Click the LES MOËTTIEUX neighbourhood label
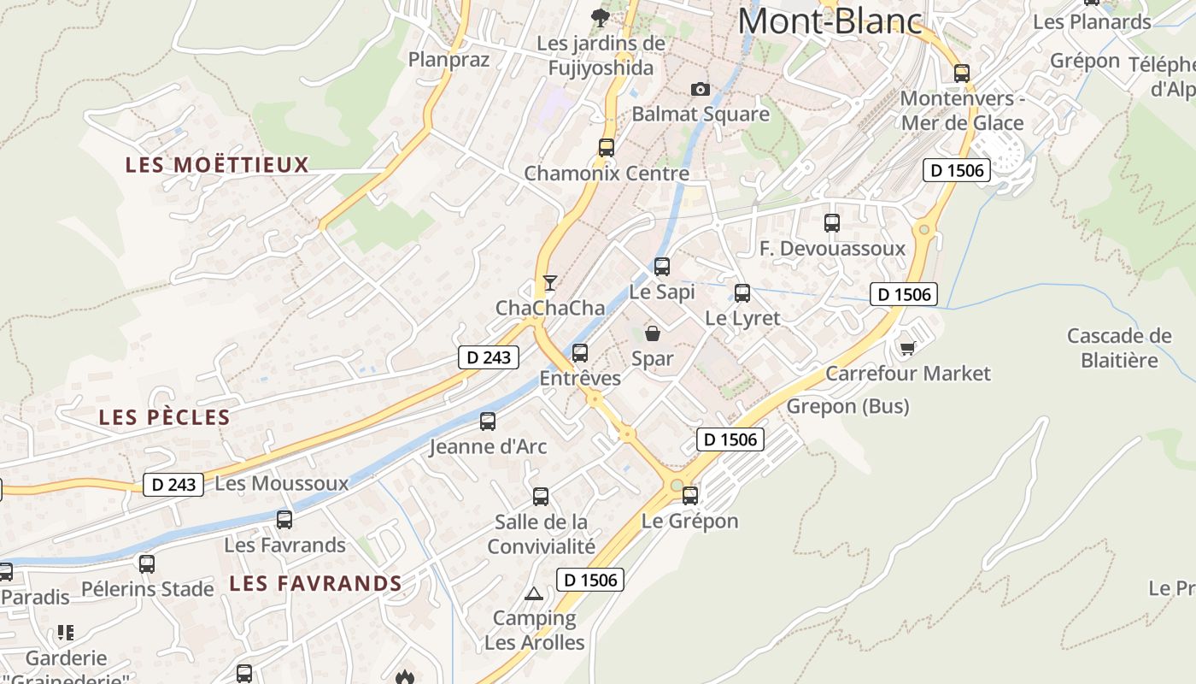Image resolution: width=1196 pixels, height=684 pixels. coord(217,165)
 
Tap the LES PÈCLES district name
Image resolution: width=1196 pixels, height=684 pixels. coord(164,417)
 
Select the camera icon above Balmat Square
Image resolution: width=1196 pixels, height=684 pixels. coord(700,89)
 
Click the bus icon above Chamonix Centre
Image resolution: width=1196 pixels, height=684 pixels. coord(607,147)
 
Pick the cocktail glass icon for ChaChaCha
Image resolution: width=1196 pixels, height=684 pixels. coord(550,282)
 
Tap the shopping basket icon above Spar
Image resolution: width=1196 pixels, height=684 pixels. coord(653,333)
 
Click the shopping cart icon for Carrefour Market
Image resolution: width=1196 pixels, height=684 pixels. coord(907,348)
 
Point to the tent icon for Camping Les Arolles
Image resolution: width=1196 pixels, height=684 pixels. coord(534,593)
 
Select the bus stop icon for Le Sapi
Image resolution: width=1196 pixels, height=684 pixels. coord(662,266)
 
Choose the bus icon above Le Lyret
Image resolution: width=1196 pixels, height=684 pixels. coord(742,293)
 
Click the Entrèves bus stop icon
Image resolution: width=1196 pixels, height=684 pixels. coord(580,352)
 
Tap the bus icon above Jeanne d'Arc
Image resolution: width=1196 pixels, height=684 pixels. coord(488,421)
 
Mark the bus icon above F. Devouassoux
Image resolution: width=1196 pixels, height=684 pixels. coord(832,223)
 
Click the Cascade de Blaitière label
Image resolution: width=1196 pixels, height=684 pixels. coord(1119,348)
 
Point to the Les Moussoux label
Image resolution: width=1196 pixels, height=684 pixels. coord(282,483)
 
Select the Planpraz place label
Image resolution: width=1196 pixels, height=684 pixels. coord(448,59)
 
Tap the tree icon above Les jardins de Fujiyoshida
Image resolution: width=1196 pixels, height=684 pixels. coord(601,16)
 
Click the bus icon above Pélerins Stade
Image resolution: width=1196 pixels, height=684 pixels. coord(147,563)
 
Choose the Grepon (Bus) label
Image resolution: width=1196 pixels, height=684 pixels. coord(847,406)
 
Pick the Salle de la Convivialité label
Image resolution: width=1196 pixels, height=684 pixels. coord(541,534)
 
